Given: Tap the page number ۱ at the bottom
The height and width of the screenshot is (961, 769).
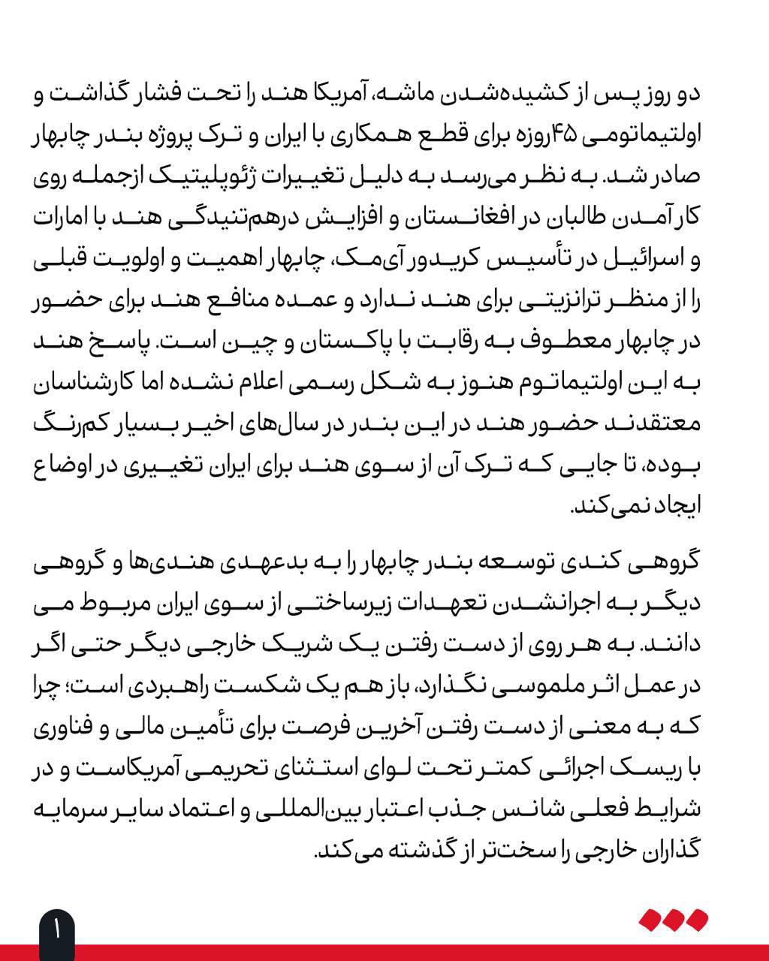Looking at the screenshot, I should point(56,931).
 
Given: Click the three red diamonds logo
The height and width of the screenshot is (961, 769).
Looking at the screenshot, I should point(673,919).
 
